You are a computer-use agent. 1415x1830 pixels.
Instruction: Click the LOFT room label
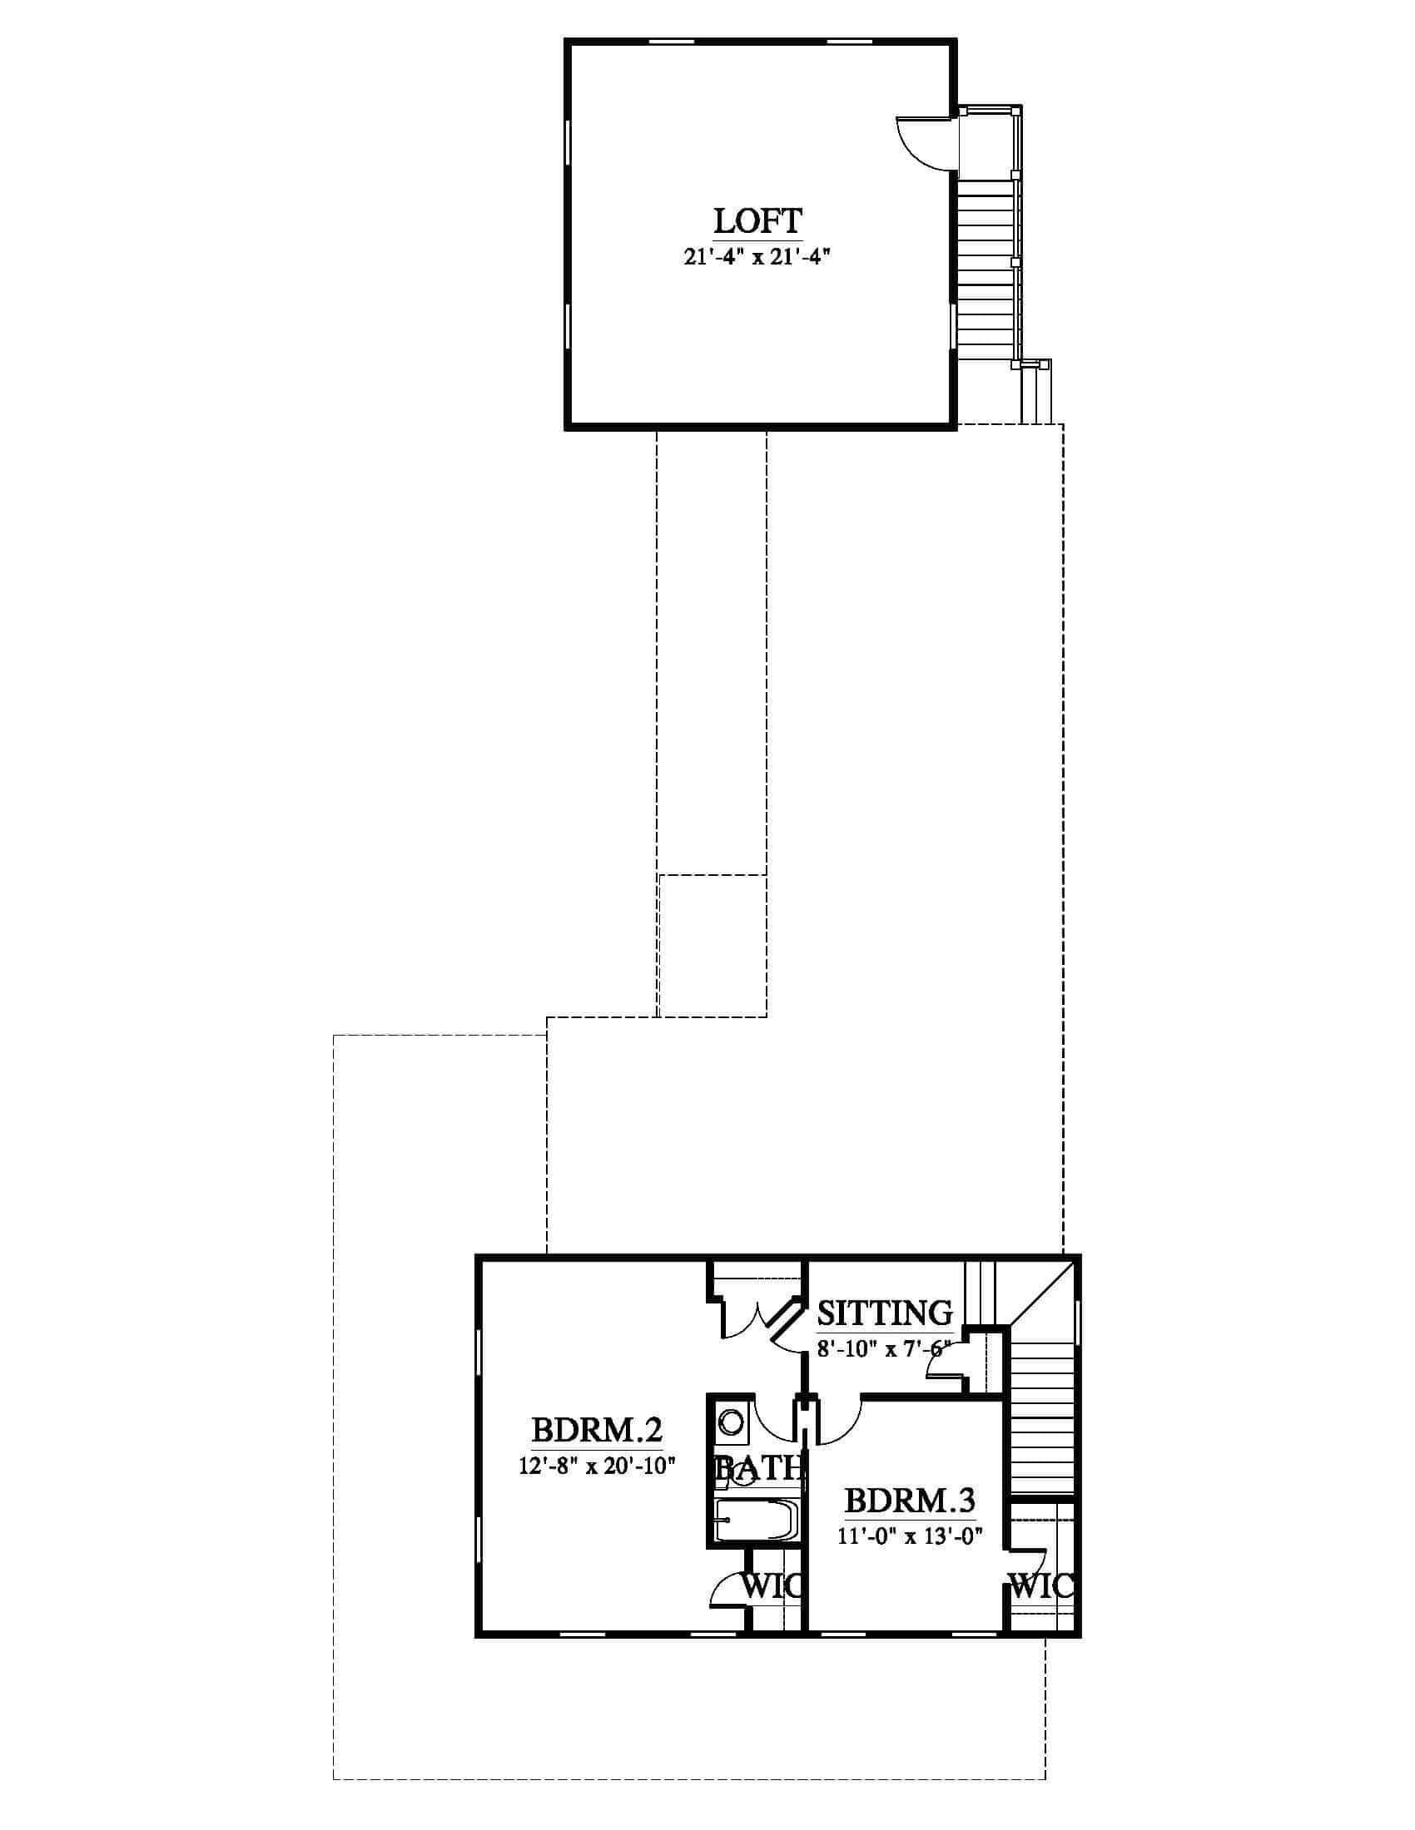pyautogui.click(x=757, y=221)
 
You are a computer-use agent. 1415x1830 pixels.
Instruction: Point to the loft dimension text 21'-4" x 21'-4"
pyautogui.click(x=757, y=257)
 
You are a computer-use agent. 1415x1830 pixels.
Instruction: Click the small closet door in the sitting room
pyautogui.click(x=943, y=1364)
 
